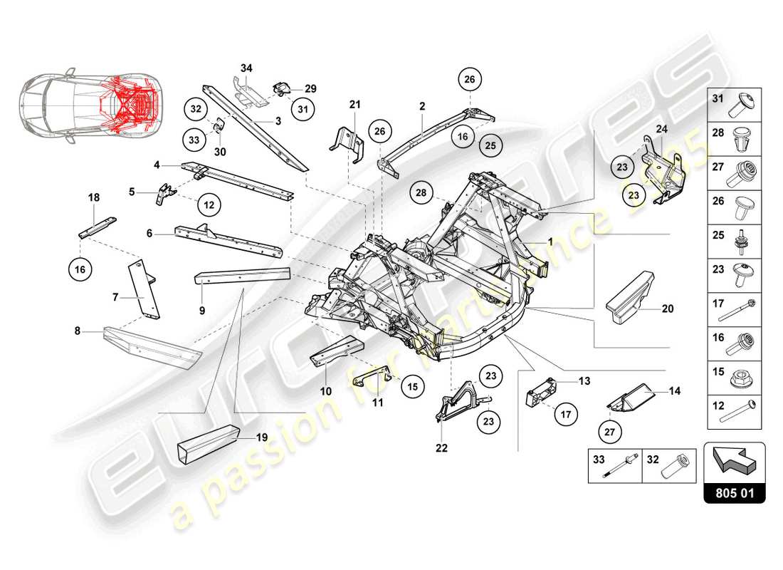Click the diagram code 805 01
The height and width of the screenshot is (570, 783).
pyautogui.click(x=734, y=492)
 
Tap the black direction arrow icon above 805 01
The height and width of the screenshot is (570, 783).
pyautogui.click(x=734, y=460)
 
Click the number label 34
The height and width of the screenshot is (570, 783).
pyautogui.click(x=246, y=68)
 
